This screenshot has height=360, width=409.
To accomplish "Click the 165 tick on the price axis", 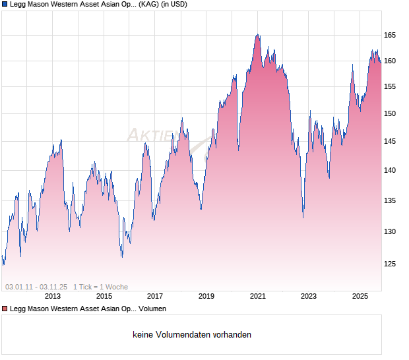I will pyautogui.click(x=390, y=35).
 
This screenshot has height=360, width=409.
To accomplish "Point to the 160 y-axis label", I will pyautogui.click(x=390, y=61).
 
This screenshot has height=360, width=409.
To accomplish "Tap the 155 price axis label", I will pyautogui.click(x=390, y=86).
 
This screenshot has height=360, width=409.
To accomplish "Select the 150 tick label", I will pyautogui.click(x=390, y=113).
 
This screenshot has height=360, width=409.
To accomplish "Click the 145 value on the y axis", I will pyautogui.click(x=390, y=141).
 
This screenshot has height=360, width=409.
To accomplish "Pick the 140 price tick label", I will pyautogui.click(x=390, y=170).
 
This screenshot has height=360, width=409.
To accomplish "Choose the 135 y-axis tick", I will pyautogui.click(x=390, y=200).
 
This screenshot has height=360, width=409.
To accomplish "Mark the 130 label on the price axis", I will pyautogui.click(x=390, y=231).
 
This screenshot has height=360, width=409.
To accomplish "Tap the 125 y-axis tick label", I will pyautogui.click(x=390, y=264).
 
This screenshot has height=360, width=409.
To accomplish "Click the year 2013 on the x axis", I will pyautogui.click(x=53, y=296).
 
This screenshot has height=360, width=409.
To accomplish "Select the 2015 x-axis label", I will pyautogui.click(x=104, y=296).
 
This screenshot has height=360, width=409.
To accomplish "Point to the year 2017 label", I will pyautogui.click(x=155, y=296).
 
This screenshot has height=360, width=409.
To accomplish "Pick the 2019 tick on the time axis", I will pyautogui.click(x=206, y=296).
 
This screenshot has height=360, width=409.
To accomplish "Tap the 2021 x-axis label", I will pyautogui.click(x=257, y=296).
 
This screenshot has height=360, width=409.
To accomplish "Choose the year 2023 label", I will pyautogui.click(x=309, y=296).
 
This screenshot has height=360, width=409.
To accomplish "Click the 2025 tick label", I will pyautogui.click(x=360, y=296).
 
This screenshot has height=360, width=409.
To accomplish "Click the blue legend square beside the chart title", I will pyautogui.click(x=5, y=5).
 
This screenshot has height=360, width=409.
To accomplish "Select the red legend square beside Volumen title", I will pyautogui.click(x=5, y=309).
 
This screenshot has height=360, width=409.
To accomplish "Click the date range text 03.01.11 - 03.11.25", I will pyautogui.click(x=36, y=287).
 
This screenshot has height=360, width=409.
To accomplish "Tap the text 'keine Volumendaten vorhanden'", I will pyautogui.click(x=192, y=335).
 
